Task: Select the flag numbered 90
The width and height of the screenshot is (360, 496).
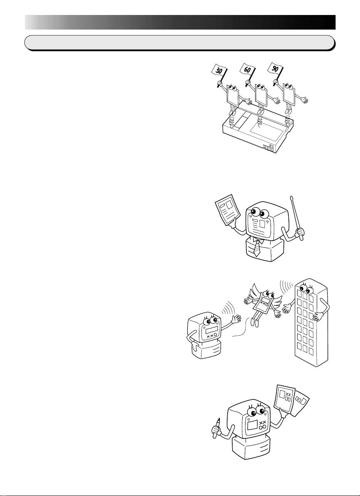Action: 280,69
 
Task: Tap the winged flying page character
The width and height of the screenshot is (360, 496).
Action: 261,302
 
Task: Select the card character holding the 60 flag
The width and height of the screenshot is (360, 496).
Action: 261,97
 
